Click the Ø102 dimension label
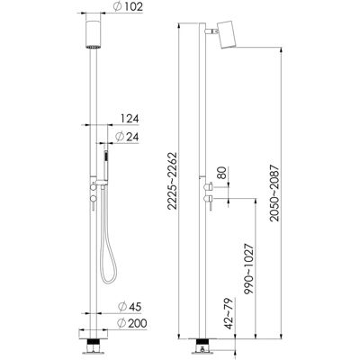[128, 7]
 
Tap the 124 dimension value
[130, 119]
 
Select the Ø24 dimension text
[127, 137]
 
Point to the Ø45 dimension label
[130, 307]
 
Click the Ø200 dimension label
[132, 323]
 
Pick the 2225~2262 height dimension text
[173, 181]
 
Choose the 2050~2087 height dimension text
[274, 193]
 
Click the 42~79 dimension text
[229, 313]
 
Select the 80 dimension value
[222, 172]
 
